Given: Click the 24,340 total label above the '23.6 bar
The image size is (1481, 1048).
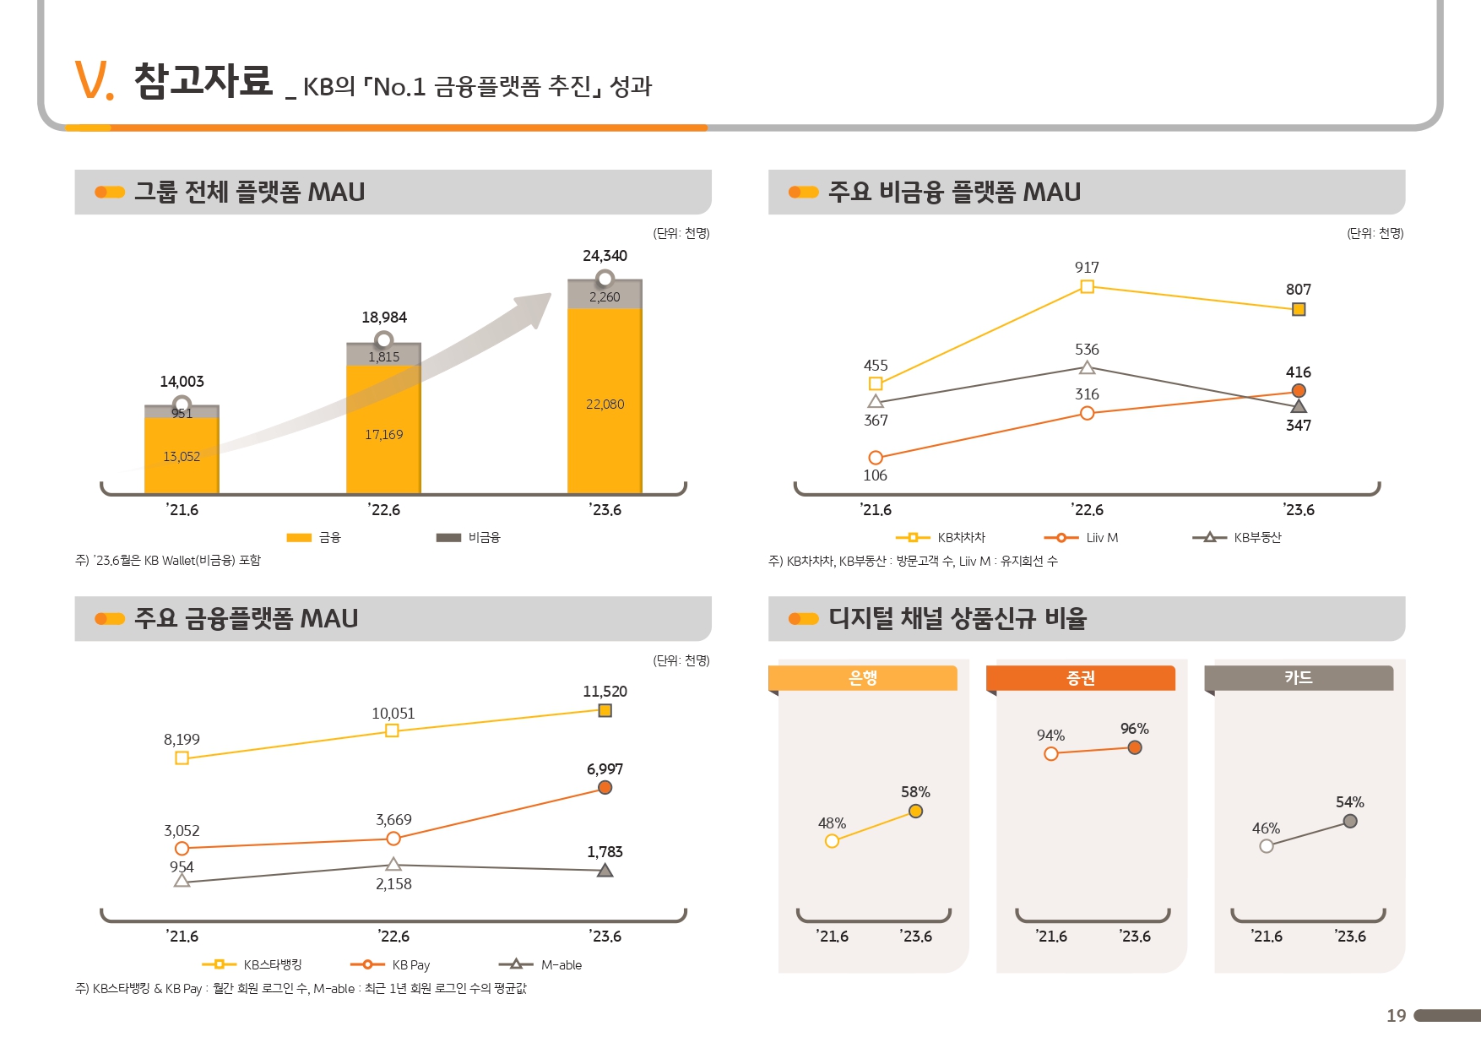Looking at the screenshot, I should pyautogui.click(x=605, y=256).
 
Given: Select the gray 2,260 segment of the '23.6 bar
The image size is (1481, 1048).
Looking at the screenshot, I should pyautogui.click(x=605, y=296).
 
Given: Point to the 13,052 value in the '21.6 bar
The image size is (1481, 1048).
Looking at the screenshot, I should pyautogui.click(x=182, y=457).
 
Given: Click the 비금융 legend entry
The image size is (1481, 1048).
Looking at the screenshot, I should pyautogui.click(x=469, y=537).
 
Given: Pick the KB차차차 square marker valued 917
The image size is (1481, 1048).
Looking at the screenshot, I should pyautogui.click(x=1088, y=287).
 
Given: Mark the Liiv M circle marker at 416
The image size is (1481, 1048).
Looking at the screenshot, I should pyautogui.click(x=1299, y=391).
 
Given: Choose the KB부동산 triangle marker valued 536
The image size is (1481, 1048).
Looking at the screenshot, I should pyautogui.click(x=1088, y=368).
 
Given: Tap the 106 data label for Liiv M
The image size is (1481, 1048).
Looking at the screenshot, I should pyautogui.click(x=876, y=475).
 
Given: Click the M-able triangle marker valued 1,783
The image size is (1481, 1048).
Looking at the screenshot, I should pyautogui.click(x=605, y=871).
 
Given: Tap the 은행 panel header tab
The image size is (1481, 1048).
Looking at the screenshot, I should pyautogui.click(x=863, y=678).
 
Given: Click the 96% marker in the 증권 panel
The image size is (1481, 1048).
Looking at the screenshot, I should pyautogui.click(x=1135, y=747).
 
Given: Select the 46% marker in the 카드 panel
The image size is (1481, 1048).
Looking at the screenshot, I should pyautogui.click(x=1267, y=846).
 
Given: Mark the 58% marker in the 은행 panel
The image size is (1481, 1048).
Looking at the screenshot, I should pyautogui.click(x=916, y=812).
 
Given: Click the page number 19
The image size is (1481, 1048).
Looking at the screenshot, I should pyautogui.click(x=1396, y=1016).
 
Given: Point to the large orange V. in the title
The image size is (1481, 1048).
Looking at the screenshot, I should pyautogui.click(x=94, y=81).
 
